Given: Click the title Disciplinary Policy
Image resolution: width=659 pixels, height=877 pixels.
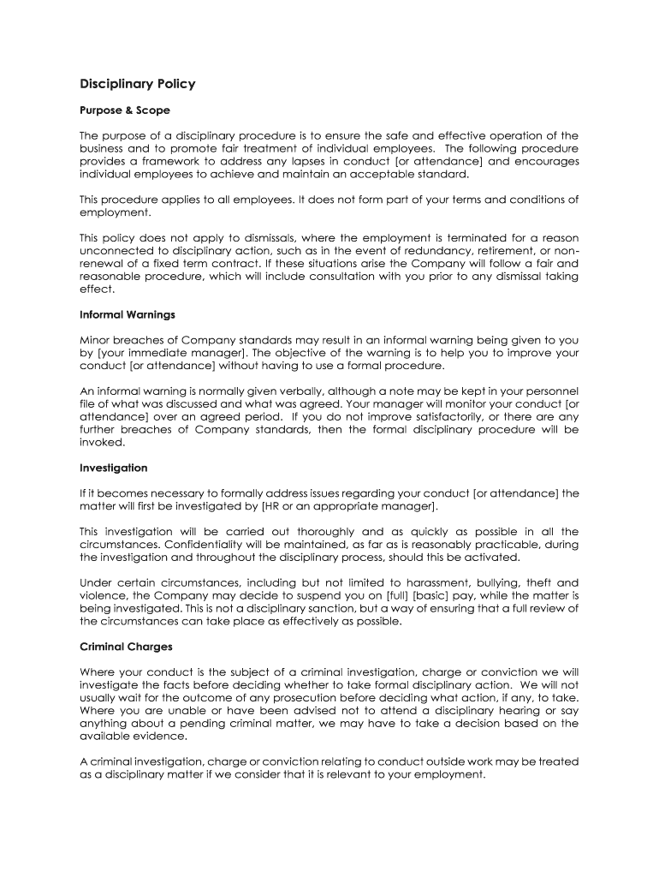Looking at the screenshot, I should tap(137, 84).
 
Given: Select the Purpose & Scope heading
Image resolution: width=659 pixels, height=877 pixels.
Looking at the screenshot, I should tap(125, 110).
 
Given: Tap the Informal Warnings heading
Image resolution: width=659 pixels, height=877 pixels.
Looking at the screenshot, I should tap(128, 314).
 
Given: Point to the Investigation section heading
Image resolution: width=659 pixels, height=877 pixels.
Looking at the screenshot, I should tap(114, 468).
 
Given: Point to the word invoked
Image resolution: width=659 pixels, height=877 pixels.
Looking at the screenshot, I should tap(102, 443).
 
